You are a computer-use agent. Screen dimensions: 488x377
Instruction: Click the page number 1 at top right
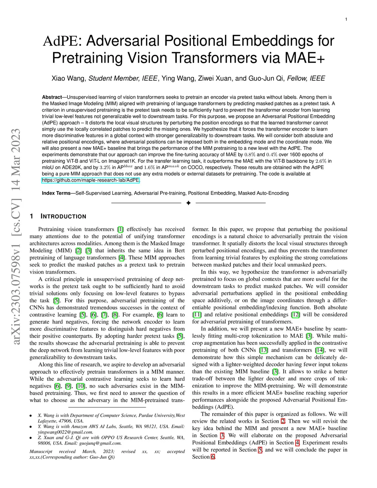[346, 19]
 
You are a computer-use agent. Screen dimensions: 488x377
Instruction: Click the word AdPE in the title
[60, 41]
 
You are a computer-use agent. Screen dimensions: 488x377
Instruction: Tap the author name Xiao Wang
[68, 78]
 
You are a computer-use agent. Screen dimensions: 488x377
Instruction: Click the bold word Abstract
[52, 97]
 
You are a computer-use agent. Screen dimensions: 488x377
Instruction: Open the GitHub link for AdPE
[91, 180]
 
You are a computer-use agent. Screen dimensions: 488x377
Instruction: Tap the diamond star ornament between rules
[188, 203]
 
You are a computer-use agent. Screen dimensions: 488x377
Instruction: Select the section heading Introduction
[63, 217]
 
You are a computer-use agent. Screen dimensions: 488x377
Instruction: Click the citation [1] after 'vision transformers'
[120, 229]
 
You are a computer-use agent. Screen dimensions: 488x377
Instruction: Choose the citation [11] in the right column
[197, 315]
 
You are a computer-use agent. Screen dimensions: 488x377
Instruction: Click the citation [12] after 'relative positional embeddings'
[295, 315]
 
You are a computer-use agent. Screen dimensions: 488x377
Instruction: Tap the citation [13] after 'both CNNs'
[263, 350]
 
